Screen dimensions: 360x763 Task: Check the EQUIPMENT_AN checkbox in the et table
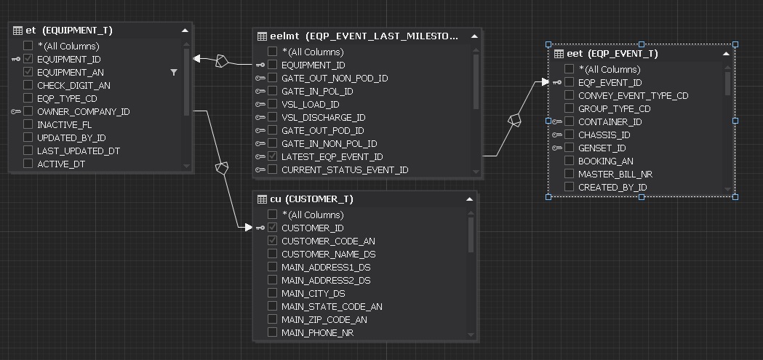28,72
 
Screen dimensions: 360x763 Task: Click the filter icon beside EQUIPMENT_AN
174,72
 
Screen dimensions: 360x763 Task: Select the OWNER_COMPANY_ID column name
83,111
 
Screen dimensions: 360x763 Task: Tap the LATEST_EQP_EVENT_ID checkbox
273,156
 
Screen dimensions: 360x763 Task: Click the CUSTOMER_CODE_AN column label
328,241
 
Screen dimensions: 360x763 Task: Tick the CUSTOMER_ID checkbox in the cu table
273,228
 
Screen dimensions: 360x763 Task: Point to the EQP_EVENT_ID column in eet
610,82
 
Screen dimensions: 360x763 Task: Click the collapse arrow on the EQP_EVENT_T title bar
726,53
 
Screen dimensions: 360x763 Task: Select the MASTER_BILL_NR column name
615,174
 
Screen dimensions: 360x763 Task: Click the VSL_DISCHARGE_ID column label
323,117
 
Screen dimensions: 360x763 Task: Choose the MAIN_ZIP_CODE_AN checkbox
273,319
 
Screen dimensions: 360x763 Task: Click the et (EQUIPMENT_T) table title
69,31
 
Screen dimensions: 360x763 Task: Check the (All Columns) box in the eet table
570,69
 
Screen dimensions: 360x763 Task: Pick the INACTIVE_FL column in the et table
64,124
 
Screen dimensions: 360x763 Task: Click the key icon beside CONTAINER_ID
557,121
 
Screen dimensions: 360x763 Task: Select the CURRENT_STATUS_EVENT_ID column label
345,169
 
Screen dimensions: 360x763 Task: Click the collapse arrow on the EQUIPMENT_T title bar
185,31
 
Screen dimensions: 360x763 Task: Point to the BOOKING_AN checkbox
570,161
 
